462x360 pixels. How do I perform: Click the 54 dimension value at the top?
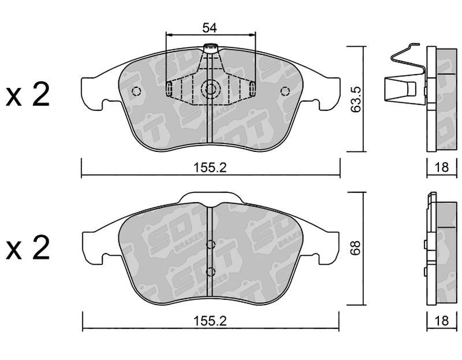click(210, 28)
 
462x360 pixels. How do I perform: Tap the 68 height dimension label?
click(356, 248)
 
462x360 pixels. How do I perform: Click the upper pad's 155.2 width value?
click(210, 168)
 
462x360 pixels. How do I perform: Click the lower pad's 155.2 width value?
click(210, 321)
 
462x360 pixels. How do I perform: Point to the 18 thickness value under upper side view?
click(441, 168)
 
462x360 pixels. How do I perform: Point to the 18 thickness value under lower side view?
click(441, 321)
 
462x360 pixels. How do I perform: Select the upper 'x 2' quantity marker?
click(28, 95)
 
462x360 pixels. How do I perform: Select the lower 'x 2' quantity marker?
click(28, 248)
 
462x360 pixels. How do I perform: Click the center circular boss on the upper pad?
click(210, 89)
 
